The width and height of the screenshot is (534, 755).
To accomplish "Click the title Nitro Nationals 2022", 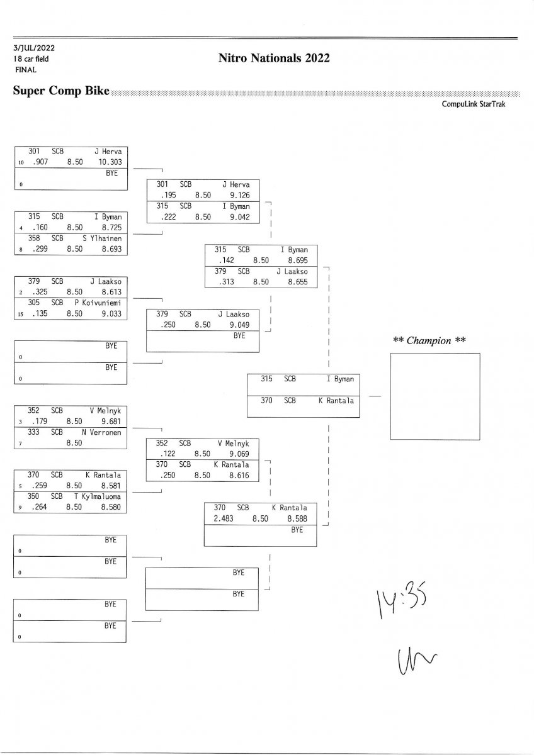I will pos(274,59).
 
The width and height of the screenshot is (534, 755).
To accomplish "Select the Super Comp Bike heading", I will pos(61,91).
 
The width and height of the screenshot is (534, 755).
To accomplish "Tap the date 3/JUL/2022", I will pos(33,48).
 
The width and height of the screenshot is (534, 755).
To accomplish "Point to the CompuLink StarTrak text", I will pos(474,104).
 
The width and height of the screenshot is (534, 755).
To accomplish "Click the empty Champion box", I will pos(435,396).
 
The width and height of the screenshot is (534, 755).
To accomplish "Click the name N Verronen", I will pos(101,432).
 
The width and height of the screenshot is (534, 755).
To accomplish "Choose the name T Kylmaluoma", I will pos(98,496).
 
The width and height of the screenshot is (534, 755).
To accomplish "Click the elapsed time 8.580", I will pos(111,506).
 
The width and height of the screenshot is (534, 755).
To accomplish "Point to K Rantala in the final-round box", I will pos(336,401).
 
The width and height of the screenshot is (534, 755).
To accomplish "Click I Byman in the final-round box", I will pos(340,379).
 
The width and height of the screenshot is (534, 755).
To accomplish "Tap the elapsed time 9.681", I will pos(111,422).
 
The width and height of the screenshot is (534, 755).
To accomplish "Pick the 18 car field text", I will pos(31,59).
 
